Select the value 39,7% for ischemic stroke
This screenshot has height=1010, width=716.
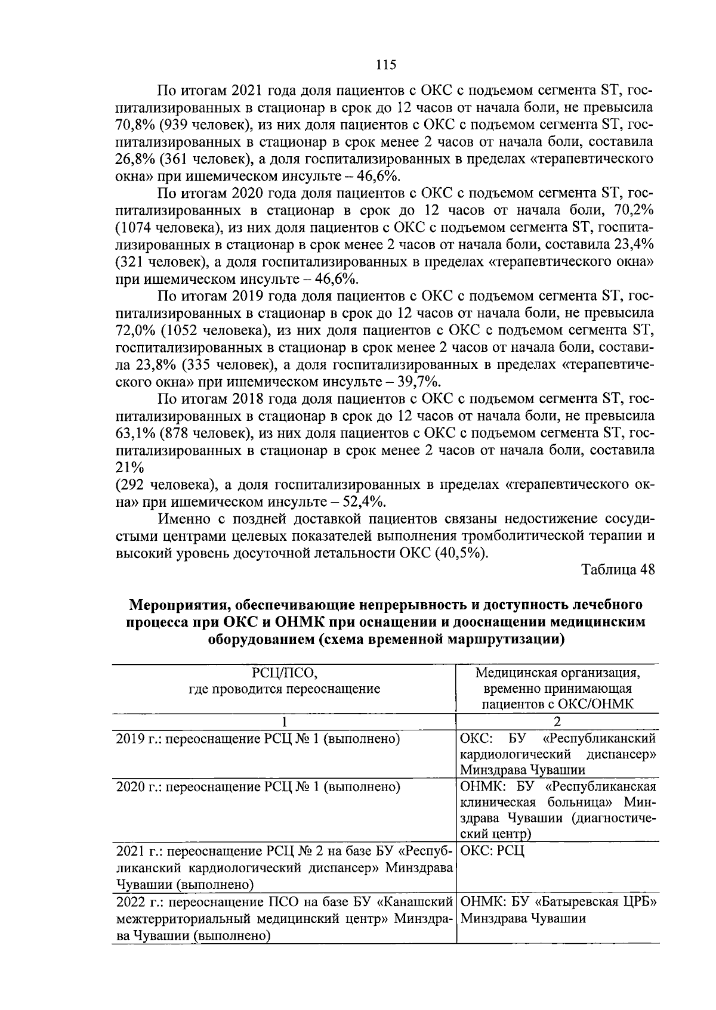click(x=426, y=382)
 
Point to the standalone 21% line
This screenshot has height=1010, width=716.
click(x=131, y=468)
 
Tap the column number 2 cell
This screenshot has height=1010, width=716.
click(x=558, y=721)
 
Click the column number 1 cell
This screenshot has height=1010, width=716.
click(x=285, y=721)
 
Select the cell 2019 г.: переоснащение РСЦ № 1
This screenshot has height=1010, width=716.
click(x=257, y=739)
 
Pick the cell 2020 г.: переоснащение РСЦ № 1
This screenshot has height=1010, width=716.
click(x=257, y=787)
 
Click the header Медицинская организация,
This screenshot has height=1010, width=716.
click(x=558, y=673)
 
